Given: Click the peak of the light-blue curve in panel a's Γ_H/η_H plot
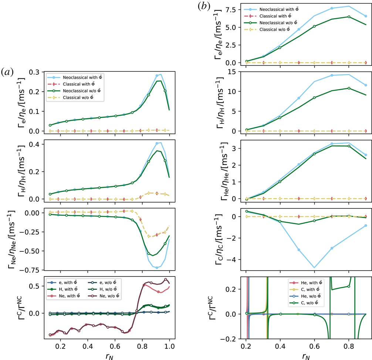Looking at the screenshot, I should (160, 142).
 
